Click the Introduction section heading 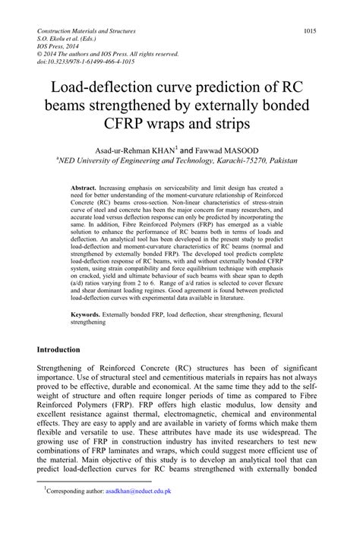pos(69,349)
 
